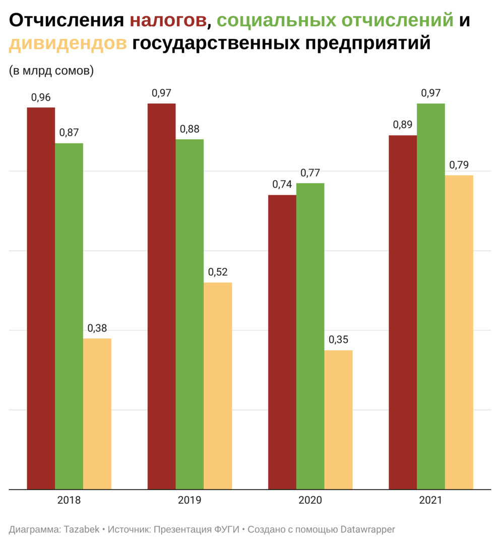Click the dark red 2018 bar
[x=41, y=297]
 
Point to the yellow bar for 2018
[x=97, y=413]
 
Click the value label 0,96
[x=41, y=98]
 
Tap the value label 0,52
[x=218, y=272]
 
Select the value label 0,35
[x=338, y=340]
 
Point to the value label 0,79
[x=459, y=165]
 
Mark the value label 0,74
[x=282, y=185]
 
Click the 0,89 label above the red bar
[x=403, y=125]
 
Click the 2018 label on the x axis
[x=69, y=501]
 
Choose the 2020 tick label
[x=310, y=501]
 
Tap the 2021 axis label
[x=430, y=501]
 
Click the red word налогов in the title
[x=168, y=20]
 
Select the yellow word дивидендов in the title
[x=68, y=43]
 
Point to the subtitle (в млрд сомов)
[x=51, y=71]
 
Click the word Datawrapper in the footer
[x=368, y=529]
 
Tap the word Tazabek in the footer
[x=82, y=529]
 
